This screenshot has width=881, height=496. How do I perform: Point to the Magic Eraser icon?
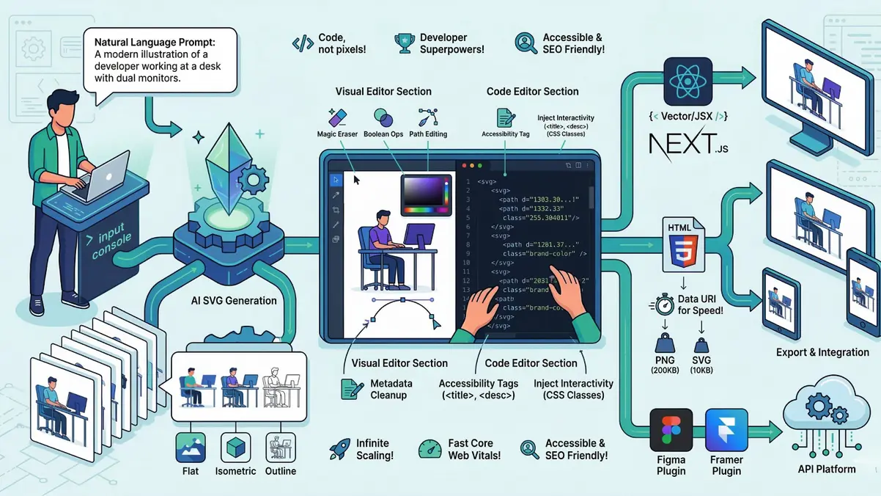pos(337,117)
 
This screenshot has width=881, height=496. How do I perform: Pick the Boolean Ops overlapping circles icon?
pos(383,117)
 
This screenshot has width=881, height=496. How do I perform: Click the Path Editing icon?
pos(427,117)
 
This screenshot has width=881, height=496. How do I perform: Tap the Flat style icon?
pos(191,447)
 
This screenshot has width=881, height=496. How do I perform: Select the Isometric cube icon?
pos(235,447)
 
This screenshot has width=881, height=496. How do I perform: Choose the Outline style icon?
pos(280,447)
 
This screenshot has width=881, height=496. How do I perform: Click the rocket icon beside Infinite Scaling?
pos(339,449)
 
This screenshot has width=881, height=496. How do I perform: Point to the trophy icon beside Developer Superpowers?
pos(402,43)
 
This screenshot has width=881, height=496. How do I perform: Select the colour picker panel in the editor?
pos(426,194)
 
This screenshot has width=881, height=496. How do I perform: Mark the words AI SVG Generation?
pos(234,300)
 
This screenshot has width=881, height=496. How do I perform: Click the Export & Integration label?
pos(822,352)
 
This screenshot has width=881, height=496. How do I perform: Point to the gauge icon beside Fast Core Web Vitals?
pos(430,449)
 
